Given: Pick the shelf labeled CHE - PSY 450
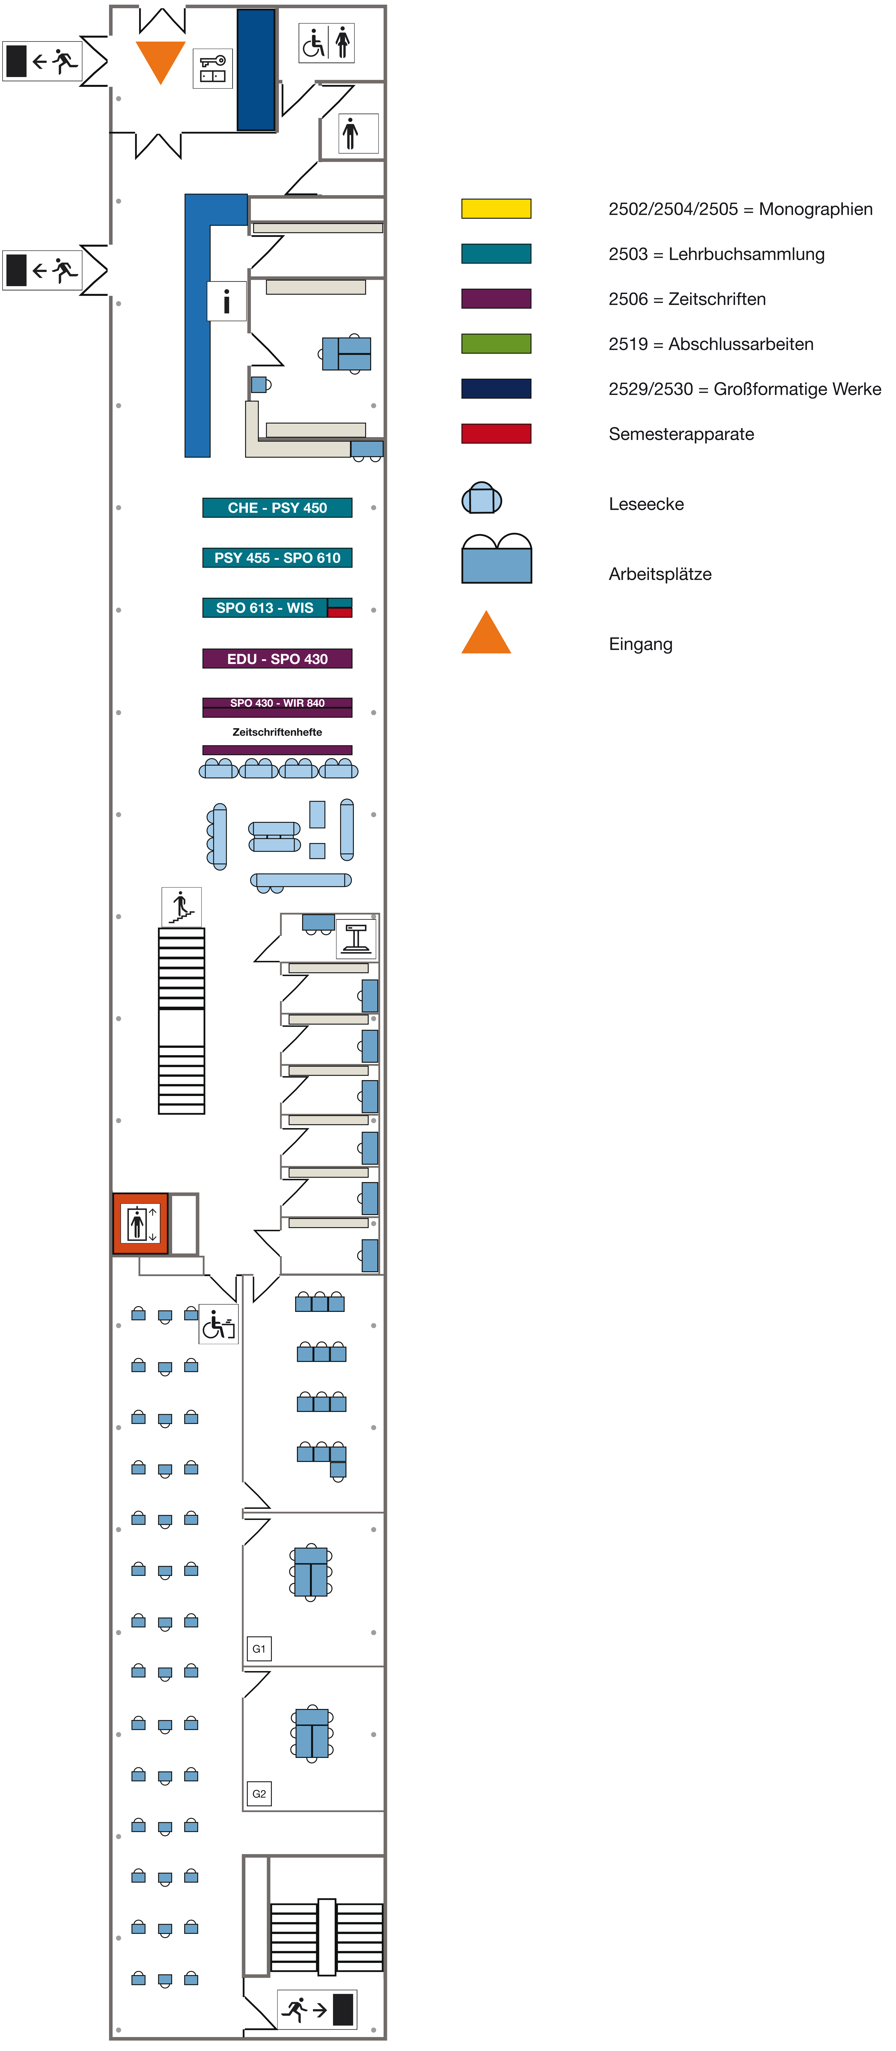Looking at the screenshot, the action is click(277, 507).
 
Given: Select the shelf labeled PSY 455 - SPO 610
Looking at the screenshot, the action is click(277, 557).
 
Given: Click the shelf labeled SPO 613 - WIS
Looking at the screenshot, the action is click(265, 607).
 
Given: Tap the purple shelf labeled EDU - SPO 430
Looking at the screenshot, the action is click(277, 658).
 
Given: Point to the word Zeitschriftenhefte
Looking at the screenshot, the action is click(277, 732).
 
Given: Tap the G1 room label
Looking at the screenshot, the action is click(259, 1648).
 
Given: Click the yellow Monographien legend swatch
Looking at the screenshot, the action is click(496, 209).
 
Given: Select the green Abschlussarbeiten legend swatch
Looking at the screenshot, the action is click(496, 344).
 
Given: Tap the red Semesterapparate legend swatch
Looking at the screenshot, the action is click(496, 434).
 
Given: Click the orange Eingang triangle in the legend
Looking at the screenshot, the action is click(486, 634).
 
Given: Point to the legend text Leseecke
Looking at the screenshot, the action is click(646, 504).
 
